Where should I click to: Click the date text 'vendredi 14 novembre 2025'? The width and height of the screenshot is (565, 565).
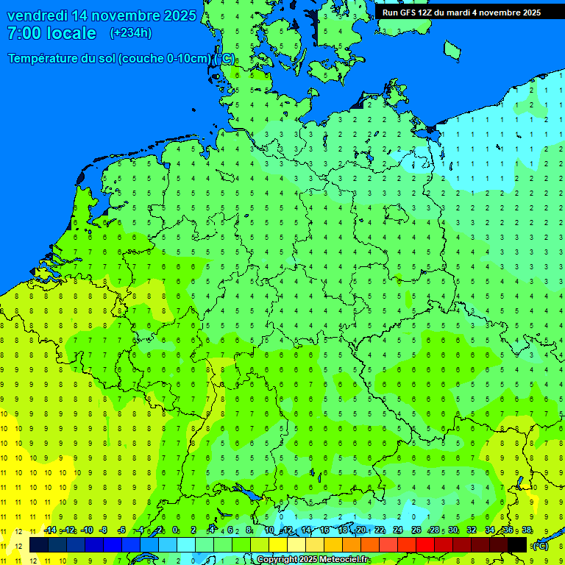[x=102, y=15]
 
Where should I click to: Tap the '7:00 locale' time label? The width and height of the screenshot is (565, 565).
[x=51, y=33]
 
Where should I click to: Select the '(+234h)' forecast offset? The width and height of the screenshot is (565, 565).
[x=131, y=33]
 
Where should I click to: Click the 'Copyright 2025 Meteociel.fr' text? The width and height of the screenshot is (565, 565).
[x=313, y=560]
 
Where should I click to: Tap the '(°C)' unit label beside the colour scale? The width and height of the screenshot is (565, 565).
[x=540, y=545]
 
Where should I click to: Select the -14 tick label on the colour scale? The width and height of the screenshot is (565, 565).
[x=50, y=530]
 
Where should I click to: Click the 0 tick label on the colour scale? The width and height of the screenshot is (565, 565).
[x=176, y=530]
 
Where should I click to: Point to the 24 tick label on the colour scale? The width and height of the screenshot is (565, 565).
[x=398, y=530]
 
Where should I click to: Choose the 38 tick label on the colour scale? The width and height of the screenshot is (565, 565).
[x=527, y=530]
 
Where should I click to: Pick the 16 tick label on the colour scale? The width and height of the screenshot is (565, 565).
[x=324, y=530]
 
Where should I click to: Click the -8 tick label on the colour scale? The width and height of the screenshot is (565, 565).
[x=104, y=530]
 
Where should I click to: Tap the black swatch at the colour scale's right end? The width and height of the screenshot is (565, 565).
[x=517, y=544]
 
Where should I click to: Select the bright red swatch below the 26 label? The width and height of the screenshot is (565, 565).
[x=425, y=544]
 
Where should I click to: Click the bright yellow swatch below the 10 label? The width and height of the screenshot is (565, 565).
[x=278, y=544]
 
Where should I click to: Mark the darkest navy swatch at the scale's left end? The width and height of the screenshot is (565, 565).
[x=39, y=544]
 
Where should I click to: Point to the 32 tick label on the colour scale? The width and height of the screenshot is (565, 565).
[x=472, y=530]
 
